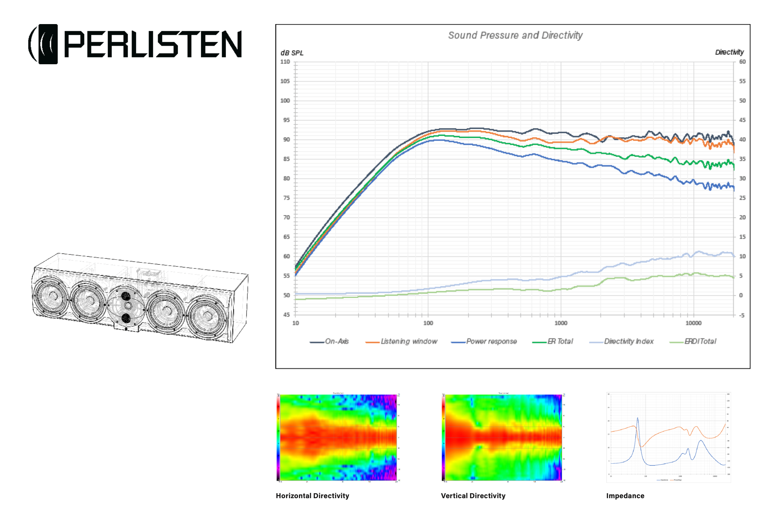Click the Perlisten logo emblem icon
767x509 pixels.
[x=44, y=44]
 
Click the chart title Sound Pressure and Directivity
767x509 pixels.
[x=515, y=35]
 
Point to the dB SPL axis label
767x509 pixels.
[x=292, y=53]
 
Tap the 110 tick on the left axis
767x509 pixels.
[x=285, y=62]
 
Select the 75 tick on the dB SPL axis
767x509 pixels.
[x=286, y=198]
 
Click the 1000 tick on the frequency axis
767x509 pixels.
[x=560, y=323]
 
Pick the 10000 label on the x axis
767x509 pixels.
[x=693, y=323]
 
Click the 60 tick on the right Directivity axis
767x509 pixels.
[x=742, y=62]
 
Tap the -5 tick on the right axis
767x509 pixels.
[x=742, y=315]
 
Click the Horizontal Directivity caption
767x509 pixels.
[x=312, y=496]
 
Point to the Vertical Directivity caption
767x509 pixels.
[x=473, y=496]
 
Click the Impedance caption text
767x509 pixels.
[x=625, y=496]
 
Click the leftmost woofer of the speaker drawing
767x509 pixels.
[x=51, y=296]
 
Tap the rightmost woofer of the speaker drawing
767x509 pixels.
[x=207, y=316]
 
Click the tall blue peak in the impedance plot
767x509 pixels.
[x=638, y=419]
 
